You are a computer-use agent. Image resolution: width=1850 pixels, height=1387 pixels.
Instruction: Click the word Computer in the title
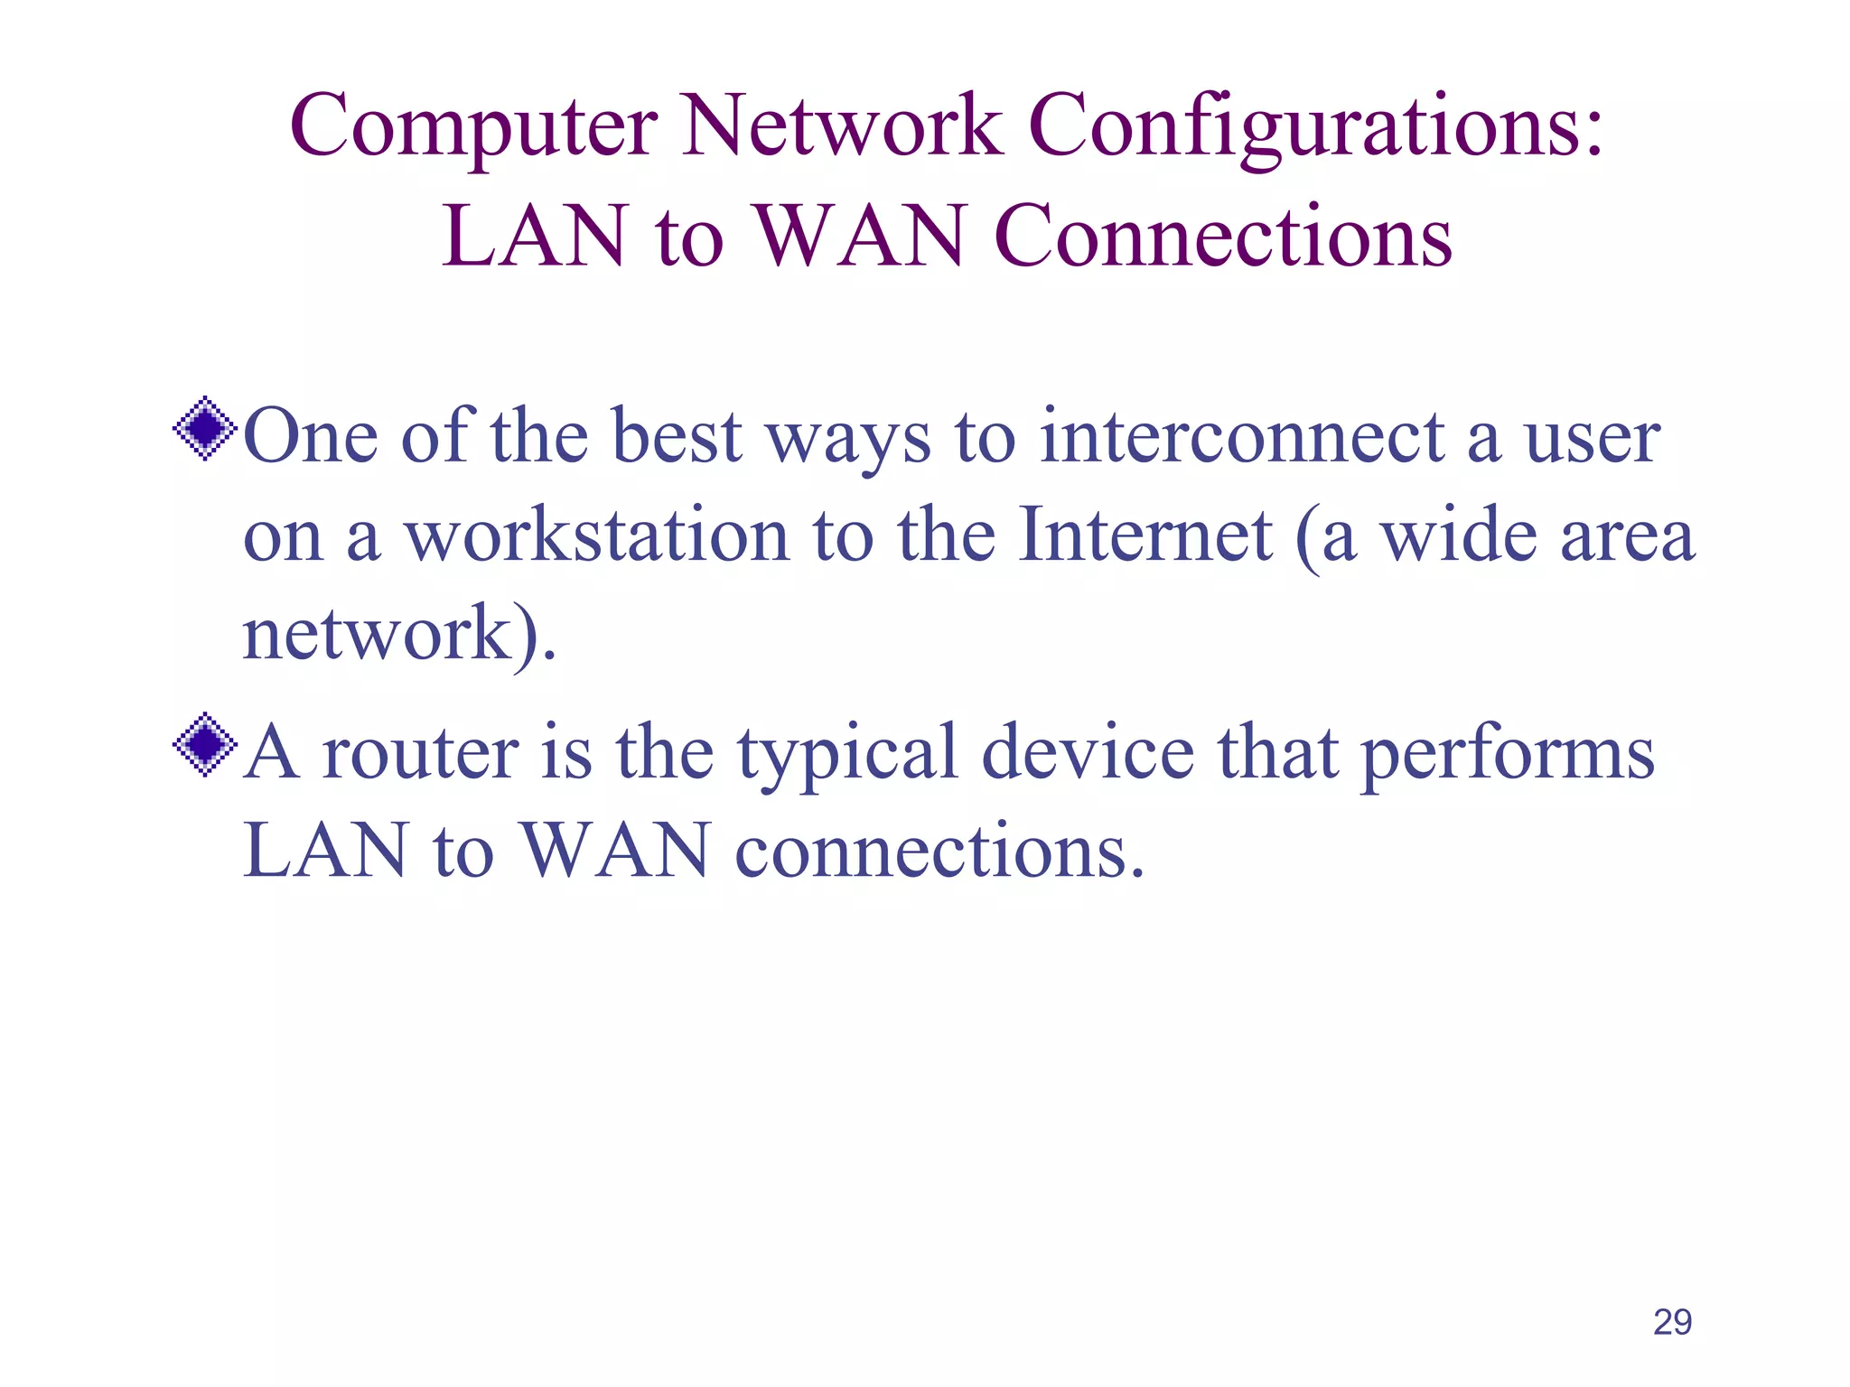(473, 126)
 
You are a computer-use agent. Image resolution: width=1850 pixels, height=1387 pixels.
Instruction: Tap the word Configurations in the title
(1315, 126)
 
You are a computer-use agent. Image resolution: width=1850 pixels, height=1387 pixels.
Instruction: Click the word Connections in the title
(1223, 237)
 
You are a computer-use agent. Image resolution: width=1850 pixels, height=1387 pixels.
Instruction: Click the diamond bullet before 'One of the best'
(206, 429)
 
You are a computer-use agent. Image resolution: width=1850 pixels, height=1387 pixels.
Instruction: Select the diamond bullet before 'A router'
(206, 745)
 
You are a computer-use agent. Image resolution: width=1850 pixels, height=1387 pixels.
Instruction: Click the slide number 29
(1672, 1322)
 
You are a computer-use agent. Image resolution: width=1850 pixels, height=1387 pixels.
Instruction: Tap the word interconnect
(1242, 437)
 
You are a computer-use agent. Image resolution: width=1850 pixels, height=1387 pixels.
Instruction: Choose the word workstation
(597, 536)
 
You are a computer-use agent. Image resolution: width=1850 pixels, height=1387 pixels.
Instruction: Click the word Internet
(1145, 535)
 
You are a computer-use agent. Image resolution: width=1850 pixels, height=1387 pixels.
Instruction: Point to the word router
(421, 753)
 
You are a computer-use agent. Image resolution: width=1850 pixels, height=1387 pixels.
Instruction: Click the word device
(1088, 753)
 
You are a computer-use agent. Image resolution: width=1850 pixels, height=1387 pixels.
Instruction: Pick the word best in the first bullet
(677, 437)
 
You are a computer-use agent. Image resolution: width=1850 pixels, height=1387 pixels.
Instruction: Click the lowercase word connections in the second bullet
(939, 852)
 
